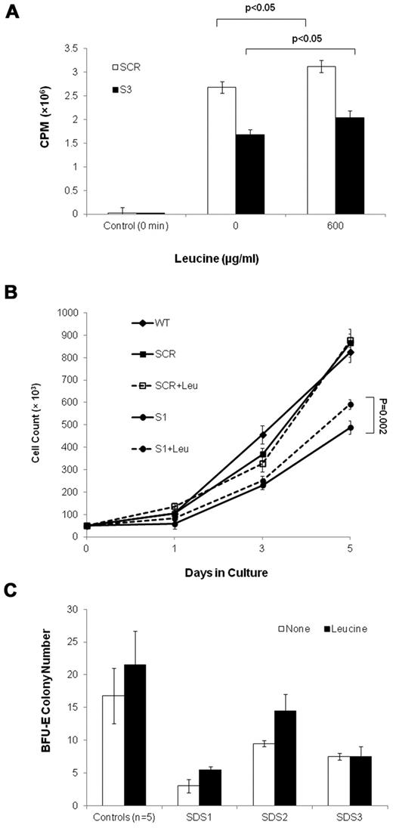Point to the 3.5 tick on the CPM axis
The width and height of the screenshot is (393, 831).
(x=71, y=48)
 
